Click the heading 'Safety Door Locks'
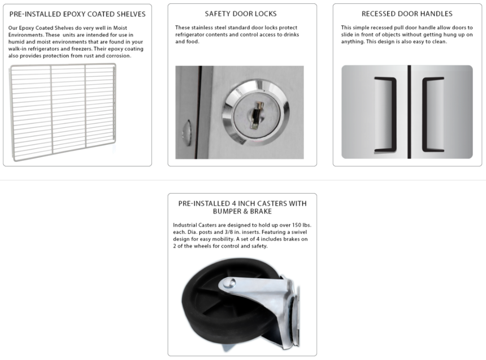tap(241, 14)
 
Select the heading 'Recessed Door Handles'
tap(407, 14)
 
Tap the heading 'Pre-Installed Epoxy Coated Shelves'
tap(77, 14)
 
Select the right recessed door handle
tap(425, 115)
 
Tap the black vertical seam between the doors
tap(409, 112)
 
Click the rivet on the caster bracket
tap(231, 283)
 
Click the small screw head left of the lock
tap(186, 133)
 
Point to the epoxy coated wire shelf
tap(63, 112)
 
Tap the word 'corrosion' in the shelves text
tap(119, 56)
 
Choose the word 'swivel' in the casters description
tap(299, 232)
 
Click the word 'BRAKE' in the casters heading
tap(261, 211)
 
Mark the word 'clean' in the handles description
tap(439, 42)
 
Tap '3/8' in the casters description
tap(229, 232)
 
